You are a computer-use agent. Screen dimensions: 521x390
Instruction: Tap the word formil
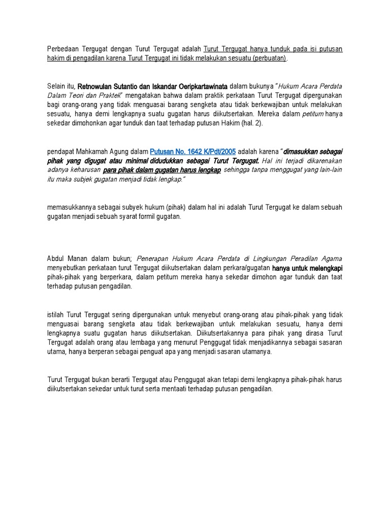139,216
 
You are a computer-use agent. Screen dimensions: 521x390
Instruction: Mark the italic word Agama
331,258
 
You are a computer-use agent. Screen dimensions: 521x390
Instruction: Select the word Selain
57,86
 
